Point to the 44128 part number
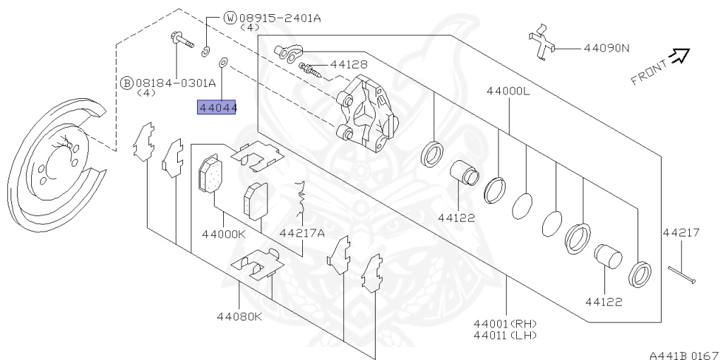click(349, 65)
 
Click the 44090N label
click(606, 49)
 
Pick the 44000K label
click(223, 234)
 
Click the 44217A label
click(301, 234)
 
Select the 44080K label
click(239, 316)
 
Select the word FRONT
click(649, 72)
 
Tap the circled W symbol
click(230, 18)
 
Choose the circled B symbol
click(127, 83)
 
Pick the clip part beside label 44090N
click(542, 44)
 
